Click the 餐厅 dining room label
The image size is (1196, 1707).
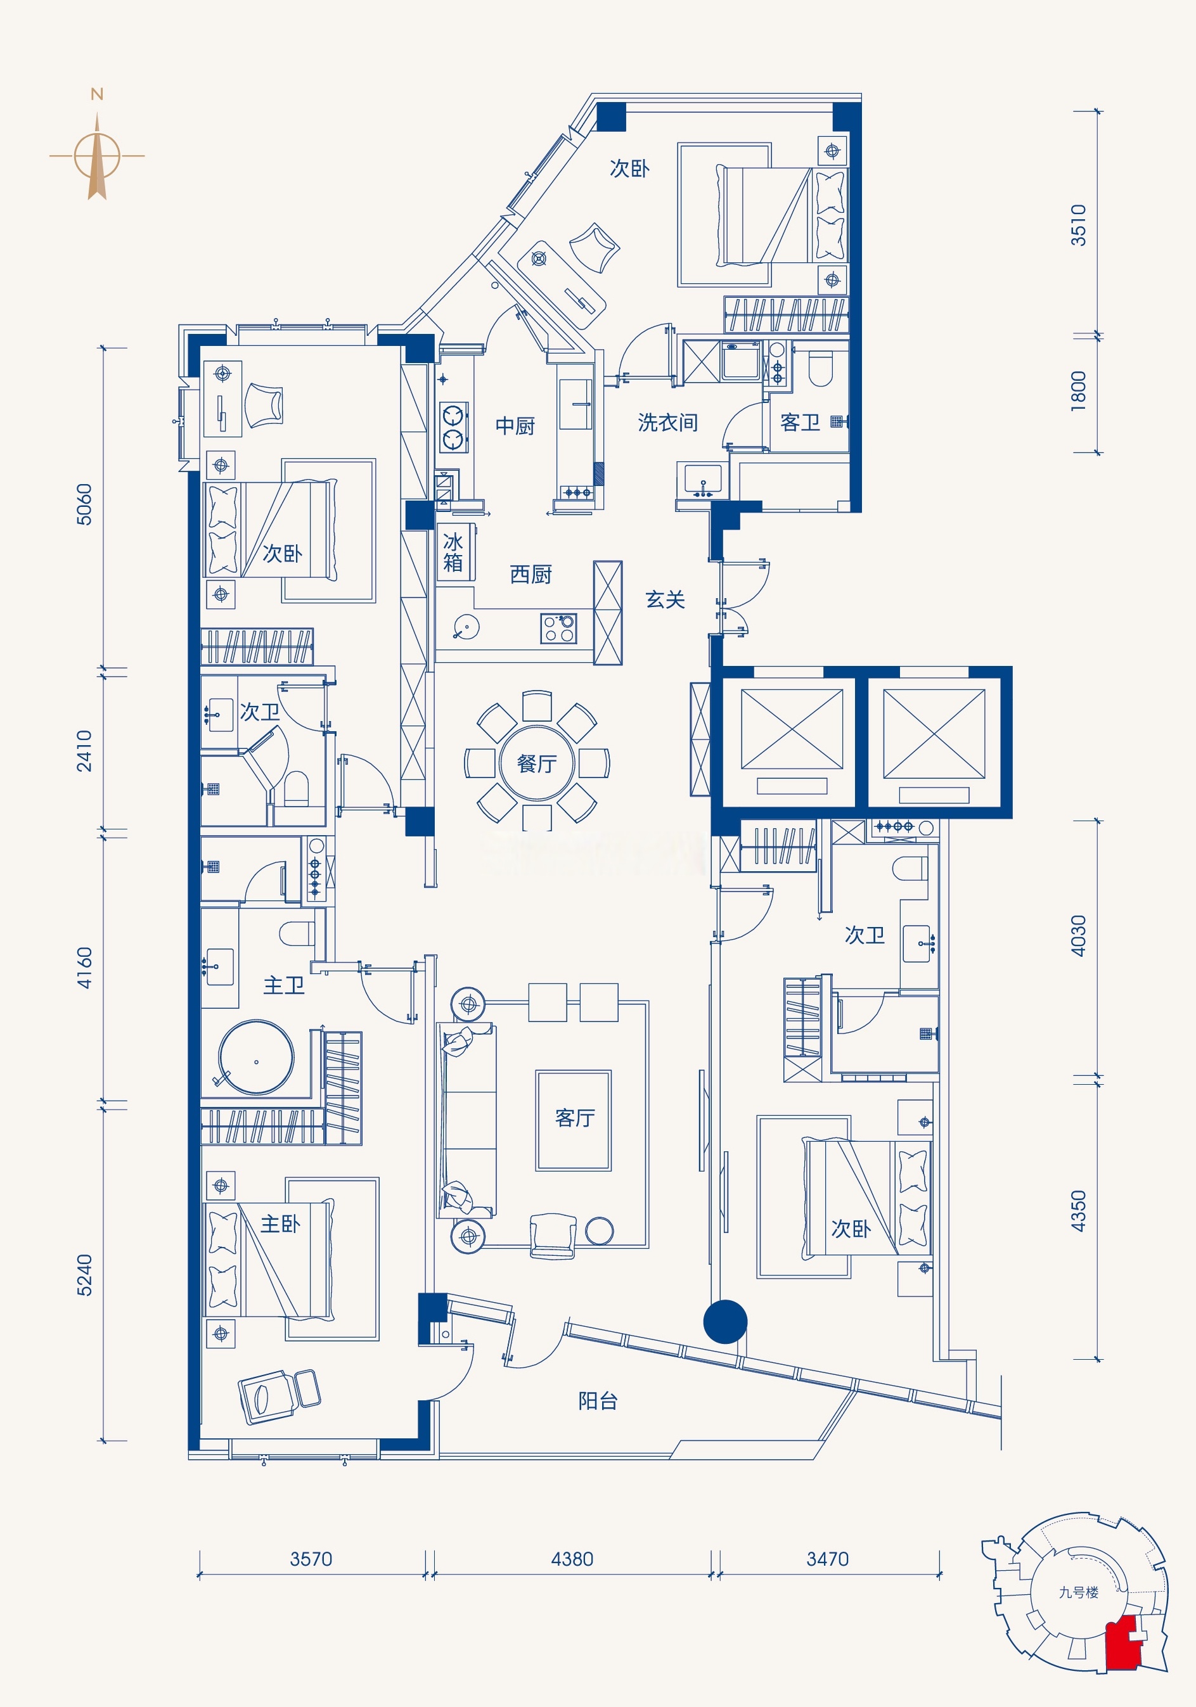[537, 764]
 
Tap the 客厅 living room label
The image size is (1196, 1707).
[575, 1118]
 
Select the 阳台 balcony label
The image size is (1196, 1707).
[598, 1402]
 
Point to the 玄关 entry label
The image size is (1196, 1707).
[665, 600]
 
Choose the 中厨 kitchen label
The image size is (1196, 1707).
[515, 426]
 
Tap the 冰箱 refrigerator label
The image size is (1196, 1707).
[453, 552]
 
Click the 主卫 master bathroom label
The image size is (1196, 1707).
[283, 986]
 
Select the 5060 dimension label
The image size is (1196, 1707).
[85, 505]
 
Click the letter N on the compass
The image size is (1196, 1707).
[97, 94]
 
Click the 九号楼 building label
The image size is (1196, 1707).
[1079, 1592]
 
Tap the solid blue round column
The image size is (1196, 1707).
[725, 1321]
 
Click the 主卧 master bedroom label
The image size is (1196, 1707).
[280, 1224]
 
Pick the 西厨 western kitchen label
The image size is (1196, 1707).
[531, 575]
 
